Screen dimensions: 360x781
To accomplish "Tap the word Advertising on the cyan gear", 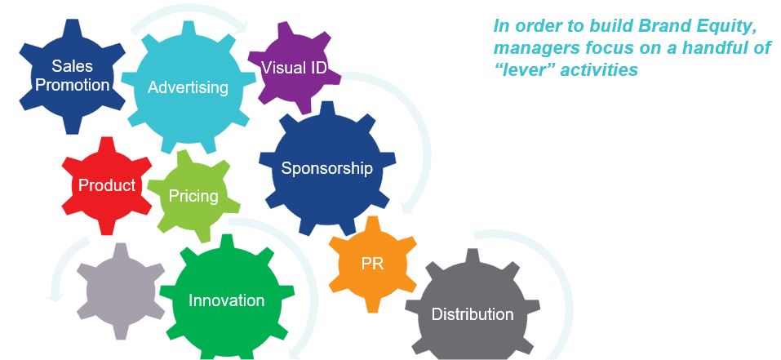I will tap(188, 87).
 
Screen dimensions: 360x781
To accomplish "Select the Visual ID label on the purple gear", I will tap(294, 67).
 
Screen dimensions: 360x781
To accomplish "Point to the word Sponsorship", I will tap(326, 169).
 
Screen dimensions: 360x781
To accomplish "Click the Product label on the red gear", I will tap(106, 185).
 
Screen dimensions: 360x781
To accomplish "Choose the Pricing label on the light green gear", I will tap(193, 196).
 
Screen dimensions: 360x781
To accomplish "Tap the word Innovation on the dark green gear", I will tap(226, 300).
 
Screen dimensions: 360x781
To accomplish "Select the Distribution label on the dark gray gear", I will tap(472, 314).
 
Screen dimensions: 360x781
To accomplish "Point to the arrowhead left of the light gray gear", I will tap(55, 295).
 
